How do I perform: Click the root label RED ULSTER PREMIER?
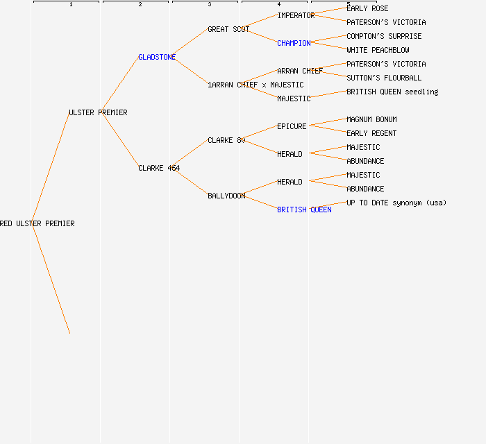coord(37,223)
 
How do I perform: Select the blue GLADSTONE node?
coord(157,57)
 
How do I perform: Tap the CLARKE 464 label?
coord(159,168)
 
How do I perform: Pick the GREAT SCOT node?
coord(228,29)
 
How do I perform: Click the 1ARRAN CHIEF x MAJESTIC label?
coord(255,85)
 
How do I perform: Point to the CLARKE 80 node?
coord(226,140)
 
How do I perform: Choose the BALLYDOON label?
coord(226,196)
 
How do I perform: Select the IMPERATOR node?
coord(296,15)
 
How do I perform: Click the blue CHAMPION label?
coord(294,43)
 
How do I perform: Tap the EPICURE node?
coord(292,126)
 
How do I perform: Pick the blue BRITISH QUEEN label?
coord(304,210)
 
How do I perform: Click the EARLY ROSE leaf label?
coord(367,8)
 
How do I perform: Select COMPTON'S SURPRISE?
coord(384,36)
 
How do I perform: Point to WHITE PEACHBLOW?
coord(378,50)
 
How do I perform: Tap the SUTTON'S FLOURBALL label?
coord(384,78)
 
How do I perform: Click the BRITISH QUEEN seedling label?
coord(392,92)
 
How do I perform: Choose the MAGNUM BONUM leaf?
coord(371,119)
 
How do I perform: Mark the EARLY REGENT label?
coord(371,133)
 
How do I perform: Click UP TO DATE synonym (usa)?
coord(396,203)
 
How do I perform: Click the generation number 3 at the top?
coord(210,5)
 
